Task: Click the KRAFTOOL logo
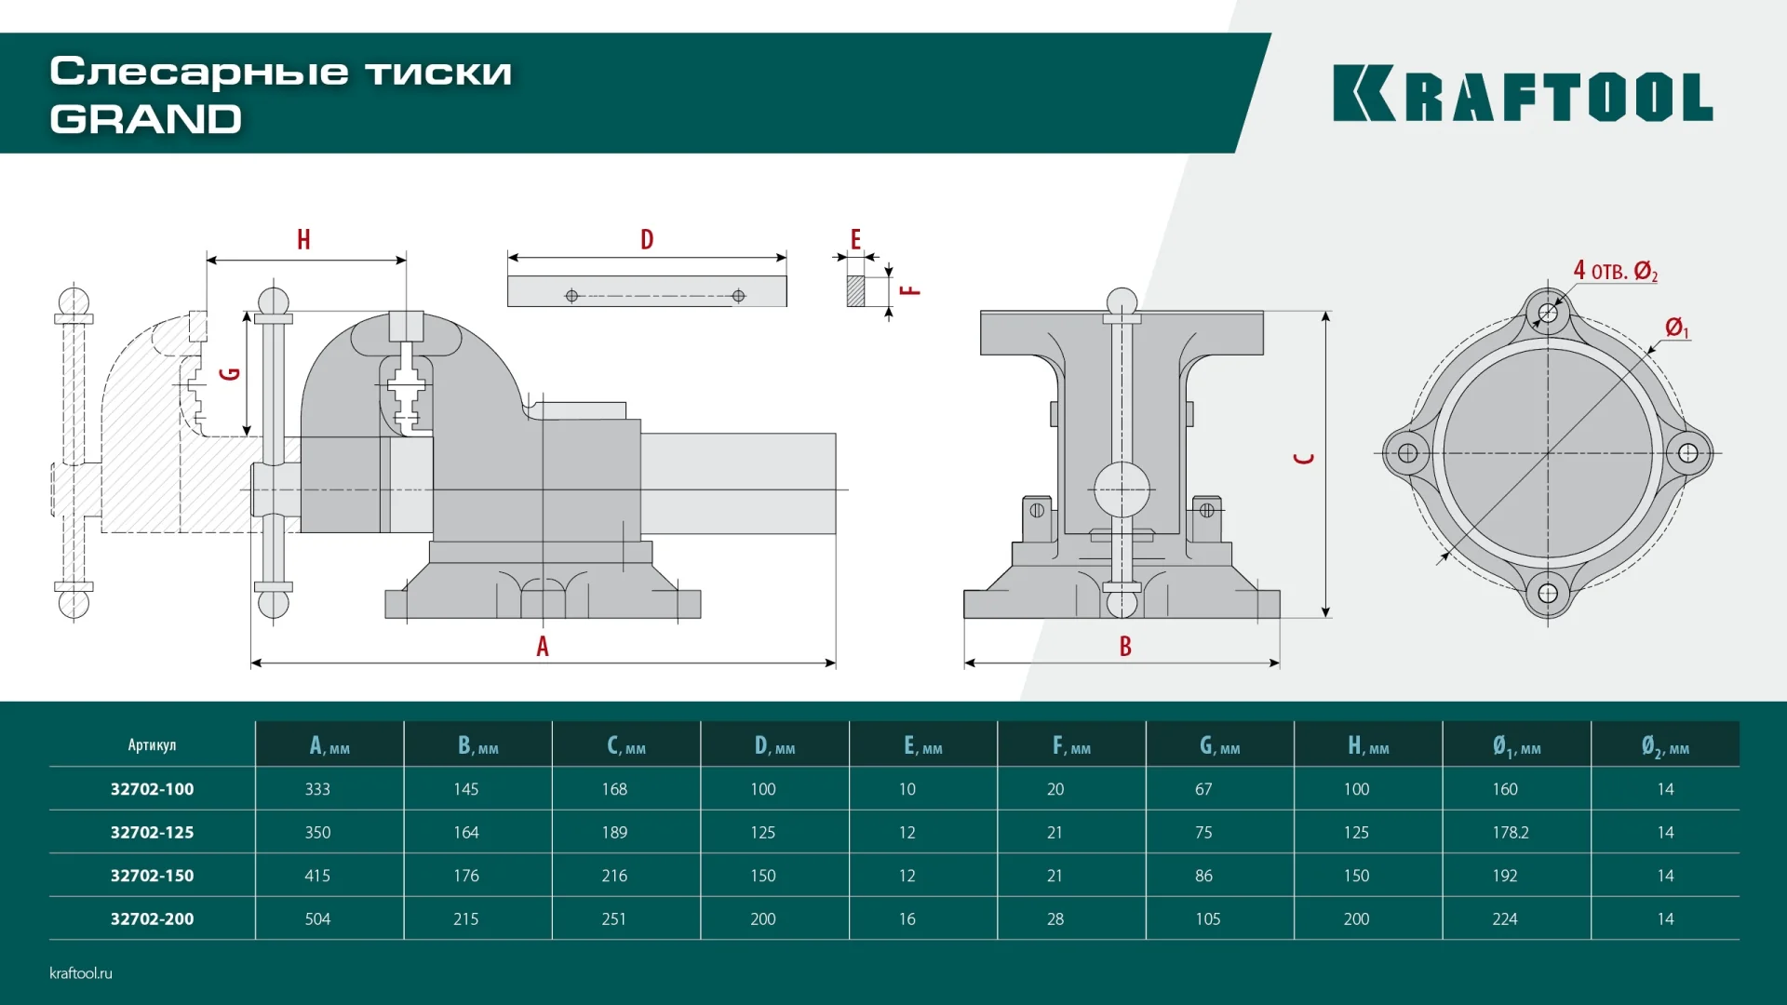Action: coord(1522,93)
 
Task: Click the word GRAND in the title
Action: coord(146,119)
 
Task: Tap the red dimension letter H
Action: coord(303,240)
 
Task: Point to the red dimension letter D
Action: coord(647,240)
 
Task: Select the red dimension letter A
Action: coord(543,646)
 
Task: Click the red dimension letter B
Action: coord(1125,646)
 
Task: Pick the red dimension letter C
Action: coord(1305,458)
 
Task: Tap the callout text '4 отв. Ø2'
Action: coord(1615,271)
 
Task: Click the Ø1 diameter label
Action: coord(1676,328)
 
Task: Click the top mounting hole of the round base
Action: coord(1548,313)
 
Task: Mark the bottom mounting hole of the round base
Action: coord(1548,594)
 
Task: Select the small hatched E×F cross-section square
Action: coord(855,291)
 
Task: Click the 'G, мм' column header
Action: coord(1219,745)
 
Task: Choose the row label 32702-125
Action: coord(152,832)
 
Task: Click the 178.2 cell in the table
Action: coord(1510,832)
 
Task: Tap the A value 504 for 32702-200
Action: coord(317,918)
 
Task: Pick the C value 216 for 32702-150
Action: coord(614,876)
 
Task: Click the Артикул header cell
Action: coord(152,744)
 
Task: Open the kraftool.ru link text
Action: coord(81,972)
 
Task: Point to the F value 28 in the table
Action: coord(1055,918)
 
